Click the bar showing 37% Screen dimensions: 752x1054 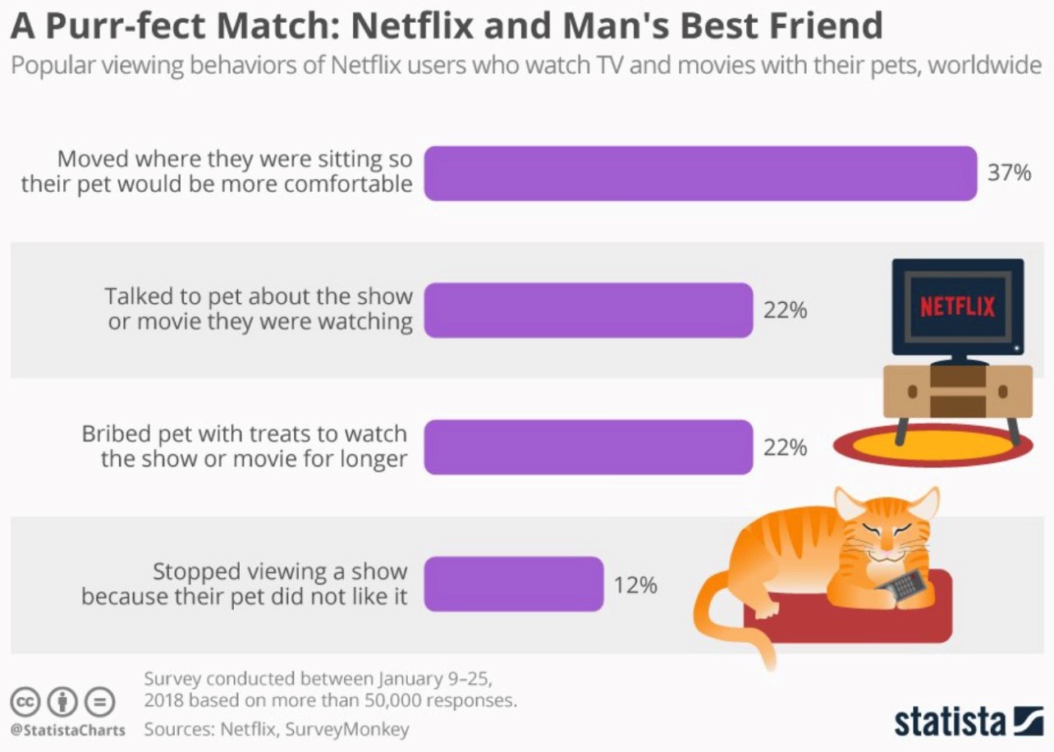point(700,173)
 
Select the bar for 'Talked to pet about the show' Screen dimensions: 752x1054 point(588,310)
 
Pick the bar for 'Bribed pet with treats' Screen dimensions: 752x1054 point(588,447)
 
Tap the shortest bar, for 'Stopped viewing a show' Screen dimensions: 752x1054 point(514,584)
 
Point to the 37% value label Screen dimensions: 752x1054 point(1009,173)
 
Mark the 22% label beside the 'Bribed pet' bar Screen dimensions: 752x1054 point(786,448)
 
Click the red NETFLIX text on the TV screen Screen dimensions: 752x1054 point(957,307)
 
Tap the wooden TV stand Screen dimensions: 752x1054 point(957,391)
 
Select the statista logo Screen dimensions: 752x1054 point(968,720)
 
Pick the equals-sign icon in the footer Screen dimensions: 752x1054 point(100,702)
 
